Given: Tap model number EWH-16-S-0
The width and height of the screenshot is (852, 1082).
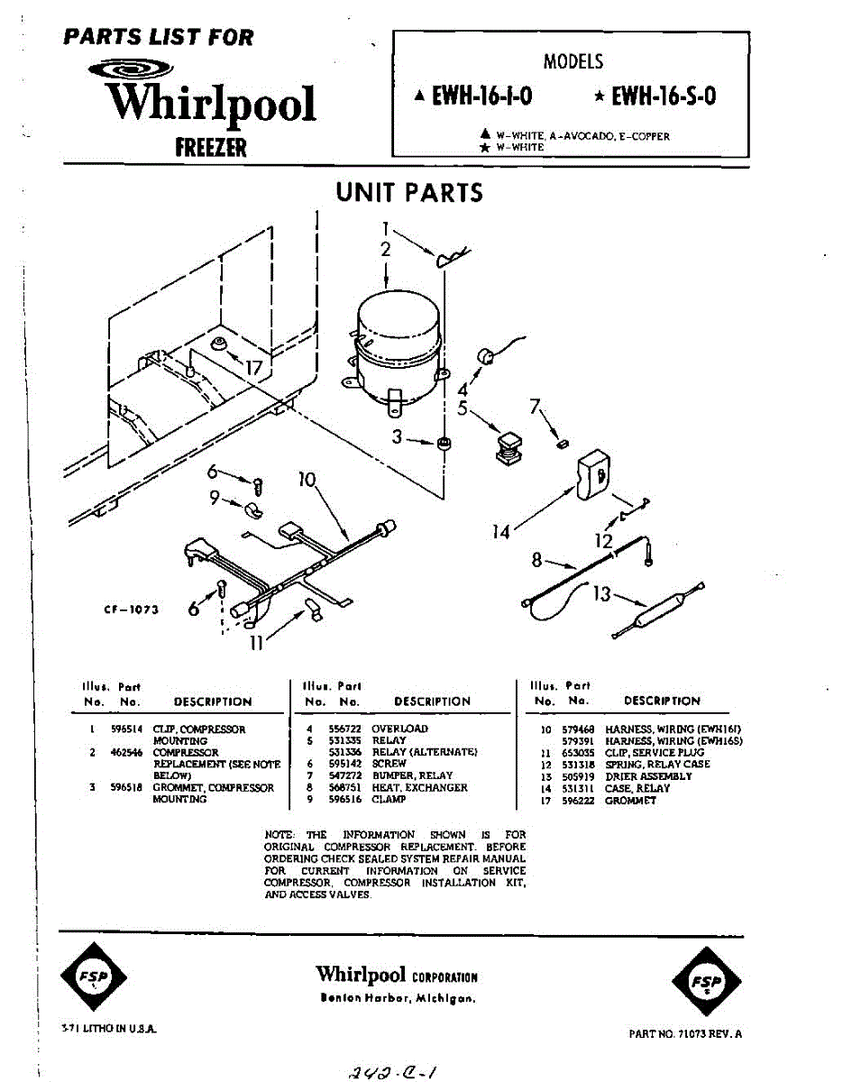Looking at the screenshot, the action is [664, 96].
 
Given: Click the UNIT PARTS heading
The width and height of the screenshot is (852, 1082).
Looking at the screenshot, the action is [409, 192].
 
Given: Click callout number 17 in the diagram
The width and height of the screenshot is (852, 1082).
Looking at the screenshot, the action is [259, 368].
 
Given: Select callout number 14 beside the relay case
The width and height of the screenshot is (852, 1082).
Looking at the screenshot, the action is [500, 532].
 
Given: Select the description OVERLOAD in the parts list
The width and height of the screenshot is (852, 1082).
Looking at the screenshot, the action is [399, 729].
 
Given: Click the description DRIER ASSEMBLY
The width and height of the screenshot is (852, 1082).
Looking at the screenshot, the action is [648, 776].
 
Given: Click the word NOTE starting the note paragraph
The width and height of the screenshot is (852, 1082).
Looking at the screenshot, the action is [277, 835].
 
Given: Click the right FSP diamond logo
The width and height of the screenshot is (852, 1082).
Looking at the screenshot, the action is [706, 981].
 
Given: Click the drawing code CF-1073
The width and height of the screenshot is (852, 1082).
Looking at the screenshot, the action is [132, 610].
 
